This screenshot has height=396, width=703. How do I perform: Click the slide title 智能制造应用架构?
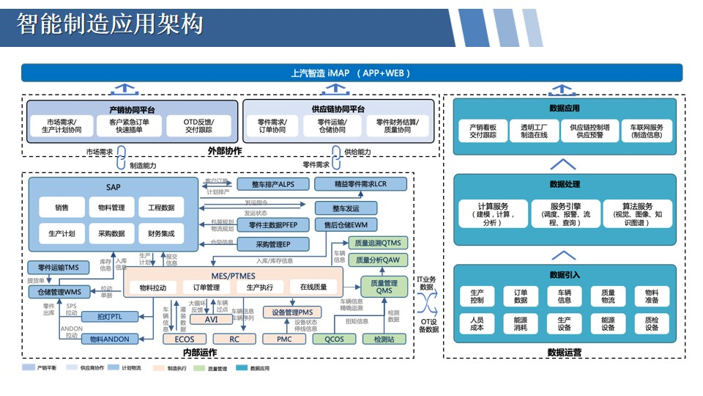[x=110, y=25]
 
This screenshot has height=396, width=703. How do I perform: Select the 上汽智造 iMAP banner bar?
[x=351, y=73]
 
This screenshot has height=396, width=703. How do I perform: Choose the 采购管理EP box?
[x=272, y=243]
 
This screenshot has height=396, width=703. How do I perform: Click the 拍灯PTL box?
[x=109, y=316]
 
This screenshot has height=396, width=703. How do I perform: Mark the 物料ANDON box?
[x=108, y=339]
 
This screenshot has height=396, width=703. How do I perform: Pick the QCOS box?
[x=334, y=340]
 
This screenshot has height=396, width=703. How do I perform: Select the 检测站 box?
[x=384, y=340]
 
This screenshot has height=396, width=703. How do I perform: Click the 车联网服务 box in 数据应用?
[x=646, y=131]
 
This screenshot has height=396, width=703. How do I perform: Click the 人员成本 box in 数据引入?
[x=477, y=323]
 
